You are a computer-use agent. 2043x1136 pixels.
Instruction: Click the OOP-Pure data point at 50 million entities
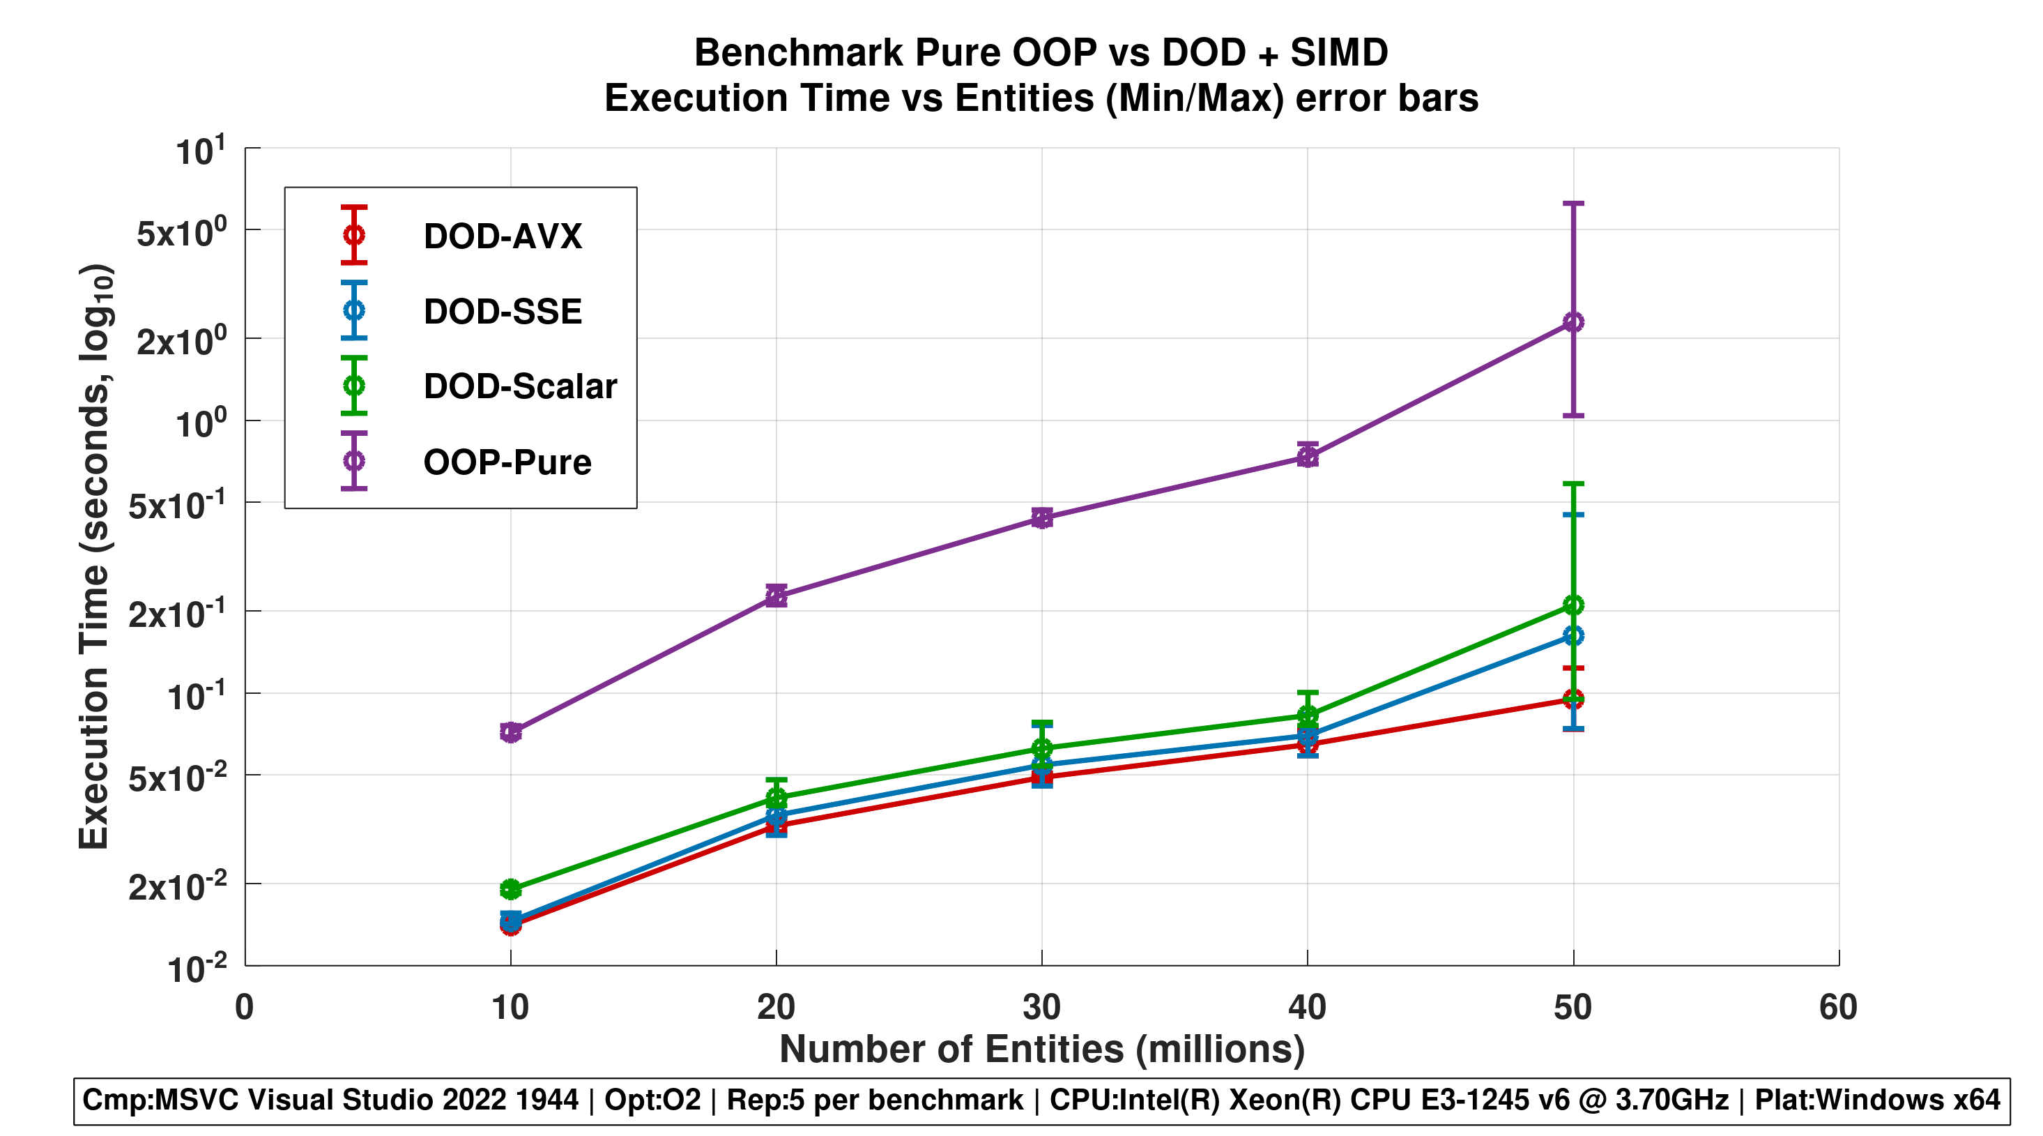[x=1573, y=322]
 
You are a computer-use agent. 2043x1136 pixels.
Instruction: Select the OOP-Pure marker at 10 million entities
[x=511, y=732]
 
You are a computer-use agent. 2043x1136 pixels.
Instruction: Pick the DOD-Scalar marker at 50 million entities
[x=1573, y=605]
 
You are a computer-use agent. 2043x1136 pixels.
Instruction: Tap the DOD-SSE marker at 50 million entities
[x=1573, y=635]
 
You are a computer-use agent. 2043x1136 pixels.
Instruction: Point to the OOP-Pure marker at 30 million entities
[x=1041, y=518]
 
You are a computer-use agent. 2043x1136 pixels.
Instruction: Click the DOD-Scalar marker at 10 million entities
[x=511, y=888]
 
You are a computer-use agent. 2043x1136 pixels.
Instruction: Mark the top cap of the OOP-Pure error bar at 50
[x=1573, y=204]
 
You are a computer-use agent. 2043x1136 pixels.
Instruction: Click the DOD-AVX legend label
[x=503, y=236]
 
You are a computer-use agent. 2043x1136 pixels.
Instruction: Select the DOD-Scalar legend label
[x=519, y=386]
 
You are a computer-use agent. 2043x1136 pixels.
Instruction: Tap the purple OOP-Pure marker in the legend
[x=353, y=461]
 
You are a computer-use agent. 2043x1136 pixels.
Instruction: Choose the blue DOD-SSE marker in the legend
[x=353, y=310]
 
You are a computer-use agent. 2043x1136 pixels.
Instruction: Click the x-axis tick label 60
[x=1837, y=1008]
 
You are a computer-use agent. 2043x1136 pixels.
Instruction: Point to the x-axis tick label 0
[x=244, y=1008]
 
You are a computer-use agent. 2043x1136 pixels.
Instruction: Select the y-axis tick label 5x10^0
[x=182, y=232]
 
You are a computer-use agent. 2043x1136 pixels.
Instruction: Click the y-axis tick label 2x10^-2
[x=178, y=886]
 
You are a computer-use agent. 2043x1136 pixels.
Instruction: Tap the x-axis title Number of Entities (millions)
[x=1041, y=1049]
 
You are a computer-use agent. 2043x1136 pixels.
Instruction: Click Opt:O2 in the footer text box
[x=652, y=1100]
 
